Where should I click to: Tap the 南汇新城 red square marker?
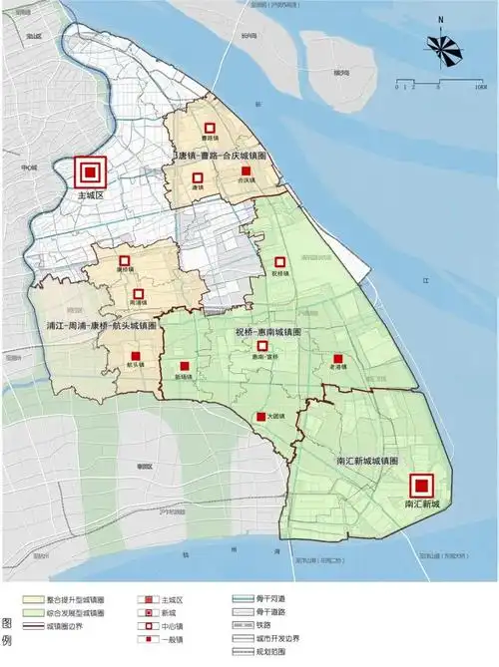[422, 486]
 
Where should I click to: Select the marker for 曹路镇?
[210, 129]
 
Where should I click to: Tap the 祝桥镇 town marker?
[281, 261]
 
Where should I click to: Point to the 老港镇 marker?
[337, 358]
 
